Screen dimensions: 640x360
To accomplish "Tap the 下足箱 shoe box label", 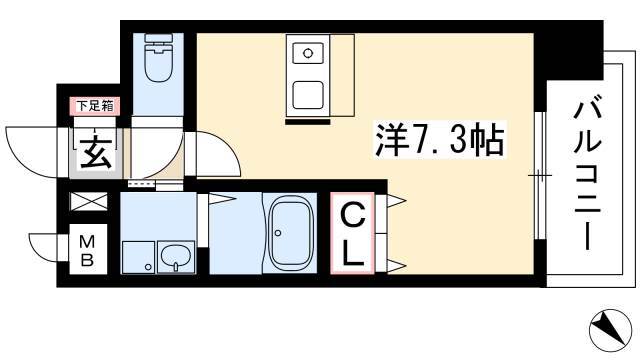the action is click(95, 106).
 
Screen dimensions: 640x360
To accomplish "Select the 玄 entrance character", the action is click(96, 153).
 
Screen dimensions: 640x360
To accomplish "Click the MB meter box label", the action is click(87, 250).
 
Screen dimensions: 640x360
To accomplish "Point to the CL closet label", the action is click(352, 234).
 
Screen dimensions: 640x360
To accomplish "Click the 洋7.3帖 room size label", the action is click(440, 140).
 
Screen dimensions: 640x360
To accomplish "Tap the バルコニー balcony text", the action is click(587, 176).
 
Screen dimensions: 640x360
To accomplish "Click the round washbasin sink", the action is click(176, 257).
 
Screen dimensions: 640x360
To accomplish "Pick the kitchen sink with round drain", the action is click(308, 53).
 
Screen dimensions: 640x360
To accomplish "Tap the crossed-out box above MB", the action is click(89, 201).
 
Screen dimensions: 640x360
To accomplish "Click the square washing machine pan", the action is click(138, 258).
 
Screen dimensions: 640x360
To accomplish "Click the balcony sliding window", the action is click(540, 176).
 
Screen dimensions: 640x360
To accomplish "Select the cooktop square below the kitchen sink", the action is click(308, 95).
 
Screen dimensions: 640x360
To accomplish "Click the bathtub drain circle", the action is click(278, 233).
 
